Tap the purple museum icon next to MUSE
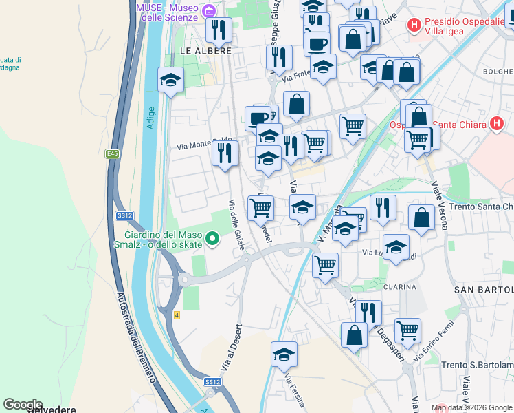coord(210,10)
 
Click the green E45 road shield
coord(112,154)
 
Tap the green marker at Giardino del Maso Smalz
coord(213,240)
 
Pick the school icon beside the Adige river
coord(170,80)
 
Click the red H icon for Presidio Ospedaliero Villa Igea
coord(414,25)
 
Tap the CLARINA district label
coord(400,286)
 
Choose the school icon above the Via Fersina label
coord(284,354)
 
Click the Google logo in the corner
coord(23,405)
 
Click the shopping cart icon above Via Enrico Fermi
coord(408,330)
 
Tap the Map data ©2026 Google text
coord(471,407)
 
